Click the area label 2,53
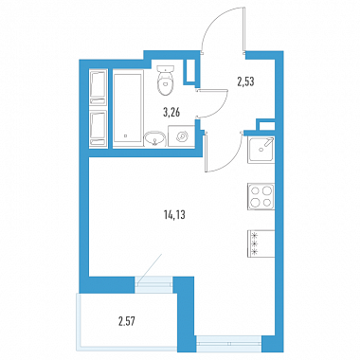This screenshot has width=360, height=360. click(245, 81)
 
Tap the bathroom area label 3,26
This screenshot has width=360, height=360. click(171, 112)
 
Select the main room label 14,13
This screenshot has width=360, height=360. click(174, 215)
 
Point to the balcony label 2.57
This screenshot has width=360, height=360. click(128, 322)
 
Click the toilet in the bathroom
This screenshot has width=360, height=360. click(166, 81)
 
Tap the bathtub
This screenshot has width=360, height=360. click(127, 110)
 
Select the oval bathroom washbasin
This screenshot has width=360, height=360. click(154, 139)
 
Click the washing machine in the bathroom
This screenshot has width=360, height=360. click(181, 136)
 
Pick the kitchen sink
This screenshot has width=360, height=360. click(261, 150)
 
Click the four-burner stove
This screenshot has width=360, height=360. click(261, 196)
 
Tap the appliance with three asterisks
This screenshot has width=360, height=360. click(261, 243)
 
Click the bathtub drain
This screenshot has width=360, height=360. click(125, 136)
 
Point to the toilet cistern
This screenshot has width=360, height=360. click(166, 68)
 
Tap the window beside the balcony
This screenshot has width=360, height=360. click(154, 283)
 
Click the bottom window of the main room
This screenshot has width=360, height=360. click(229, 344)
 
